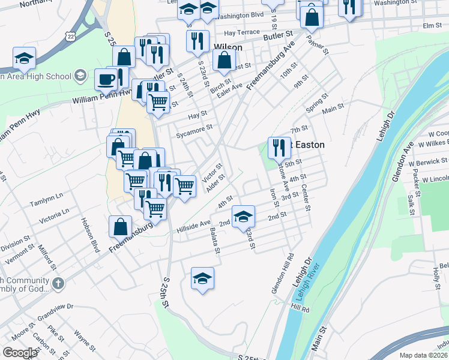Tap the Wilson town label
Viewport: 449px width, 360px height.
click(228, 47)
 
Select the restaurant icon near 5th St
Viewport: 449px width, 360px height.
click(278, 148)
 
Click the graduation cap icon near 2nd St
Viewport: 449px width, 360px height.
click(243, 216)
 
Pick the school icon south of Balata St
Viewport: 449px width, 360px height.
click(203, 278)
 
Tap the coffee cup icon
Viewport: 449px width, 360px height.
click(106, 79)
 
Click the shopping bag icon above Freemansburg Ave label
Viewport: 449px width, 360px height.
click(121, 226)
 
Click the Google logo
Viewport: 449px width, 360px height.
click(20, 352)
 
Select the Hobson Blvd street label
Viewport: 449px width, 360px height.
click(90, 235)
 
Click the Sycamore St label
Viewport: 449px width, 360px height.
click(194, 131)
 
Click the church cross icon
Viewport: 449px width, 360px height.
click(58, 283)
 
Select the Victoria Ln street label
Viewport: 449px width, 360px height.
click(53, 214)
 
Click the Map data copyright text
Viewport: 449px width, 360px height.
click(424, 355)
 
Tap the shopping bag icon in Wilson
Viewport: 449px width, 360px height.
click(224, 60)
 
